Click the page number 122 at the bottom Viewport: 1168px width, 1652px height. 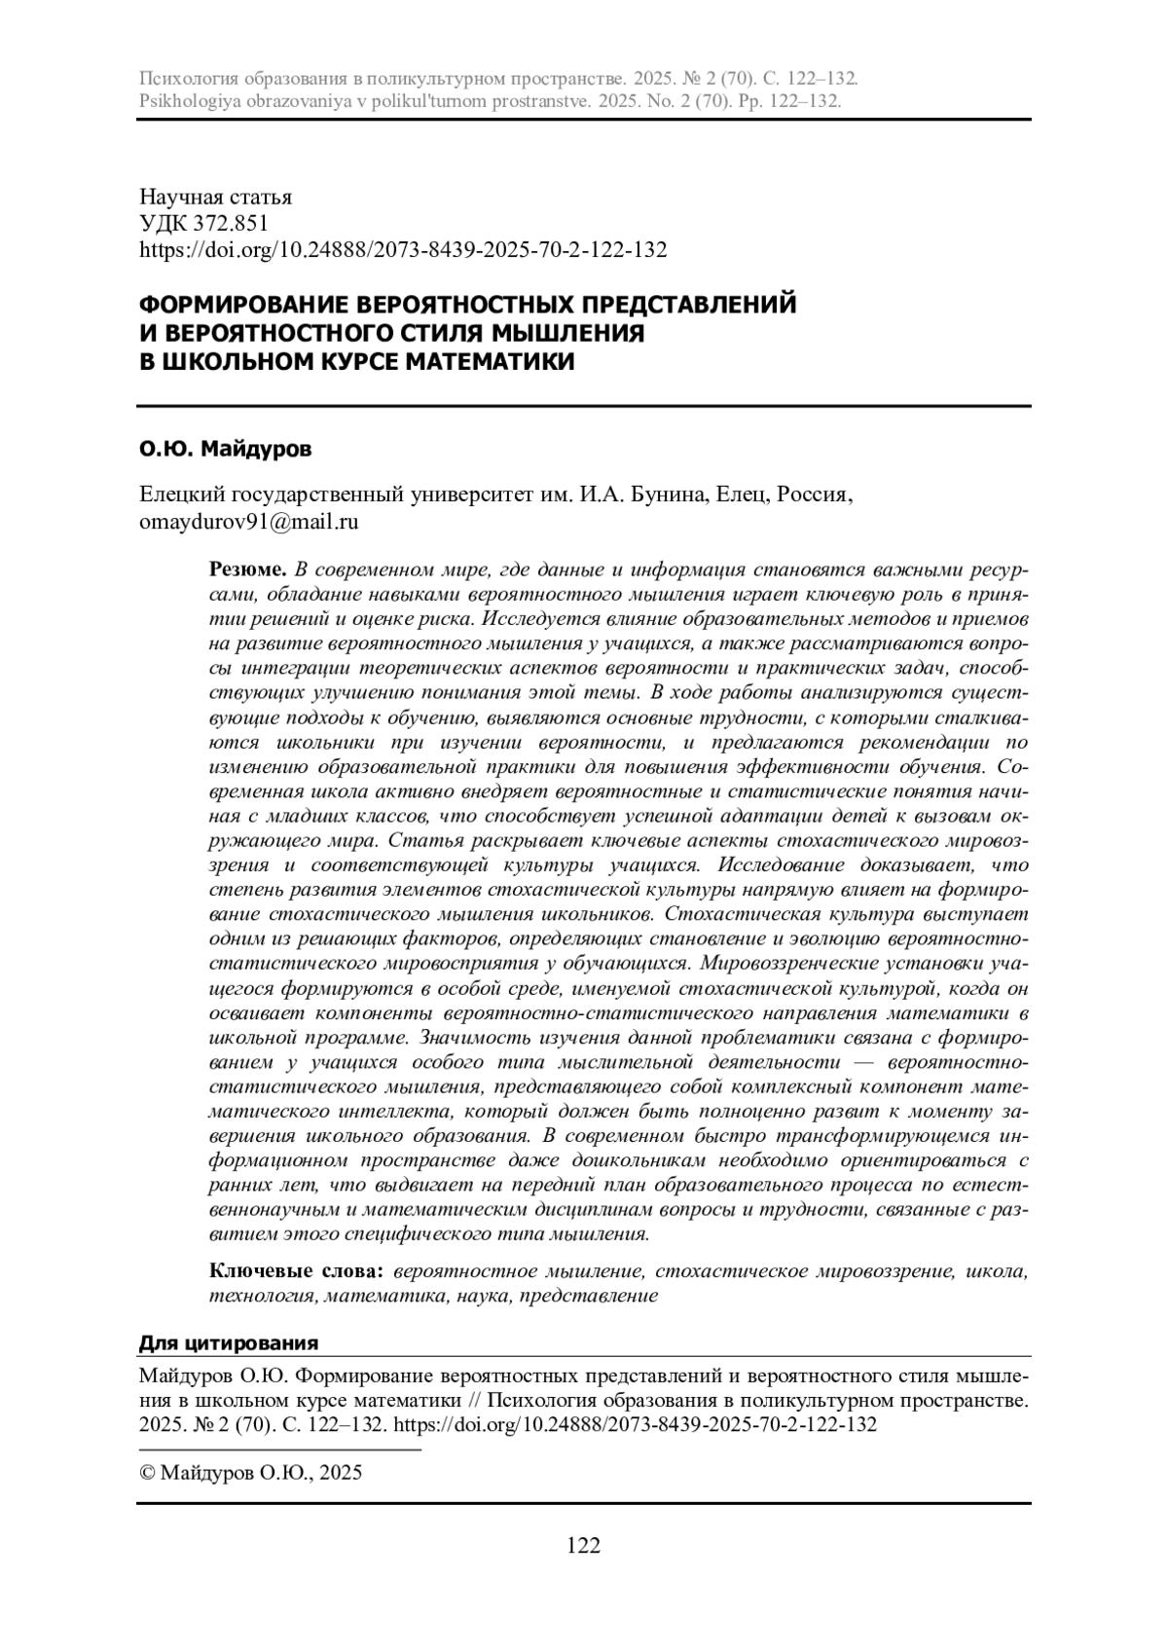coord(584,1545)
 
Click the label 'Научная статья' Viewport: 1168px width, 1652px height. coord(216,198)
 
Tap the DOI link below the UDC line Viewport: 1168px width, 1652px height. coord(404,250)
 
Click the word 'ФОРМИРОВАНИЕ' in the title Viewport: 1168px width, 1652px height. coord(239,305)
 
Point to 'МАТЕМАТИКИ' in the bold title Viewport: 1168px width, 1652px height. coord(489,361)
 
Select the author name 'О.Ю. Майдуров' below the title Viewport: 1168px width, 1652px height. coord(226,450)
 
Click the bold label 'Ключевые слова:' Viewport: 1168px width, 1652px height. coord(299,1271)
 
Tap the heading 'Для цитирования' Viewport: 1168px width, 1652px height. coord(229,1343)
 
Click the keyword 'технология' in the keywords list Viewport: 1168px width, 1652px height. coord(262,1296)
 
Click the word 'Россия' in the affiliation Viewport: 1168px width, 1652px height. coord(818,496)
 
